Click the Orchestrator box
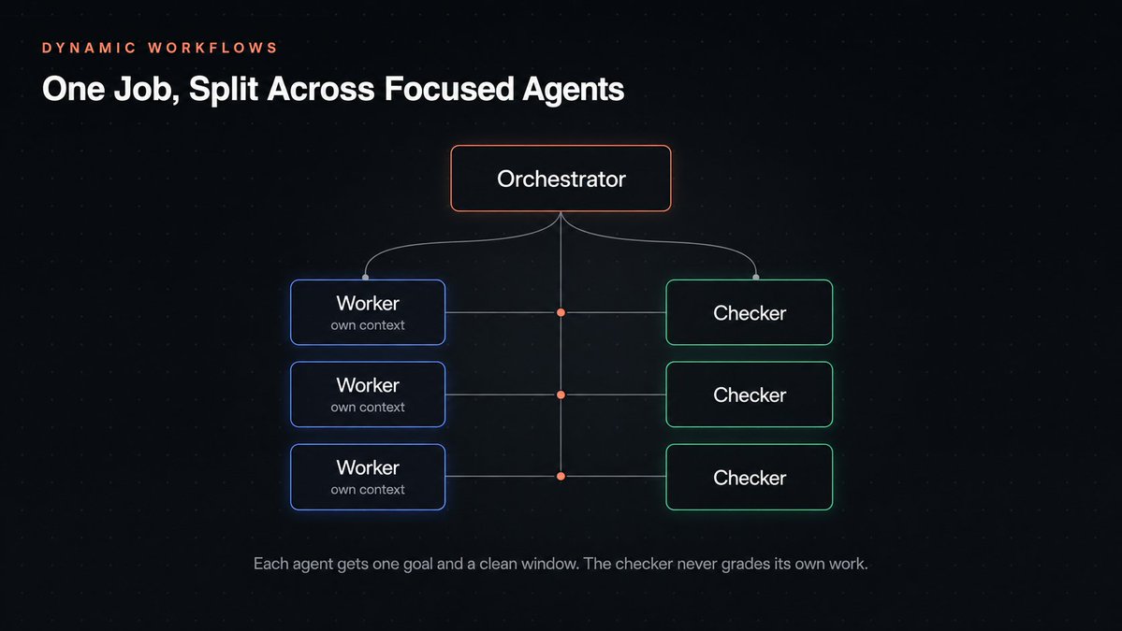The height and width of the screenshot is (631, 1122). (561, 178)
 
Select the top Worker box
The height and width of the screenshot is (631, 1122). (368, 312)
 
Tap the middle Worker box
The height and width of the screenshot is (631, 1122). (368, 394)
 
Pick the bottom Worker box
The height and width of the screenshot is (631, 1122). (368, 477)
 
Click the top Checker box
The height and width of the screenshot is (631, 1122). (750, 312)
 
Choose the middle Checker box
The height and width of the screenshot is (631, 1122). (750, 394)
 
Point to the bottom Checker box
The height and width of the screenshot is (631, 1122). (750, 477)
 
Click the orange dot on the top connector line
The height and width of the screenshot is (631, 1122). (561, 312)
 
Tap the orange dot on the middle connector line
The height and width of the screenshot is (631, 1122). (561, 394)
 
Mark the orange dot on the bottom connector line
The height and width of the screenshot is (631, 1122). (561, 476)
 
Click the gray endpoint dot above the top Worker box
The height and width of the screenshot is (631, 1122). (366, 277)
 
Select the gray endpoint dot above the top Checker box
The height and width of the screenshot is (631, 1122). (756, 277)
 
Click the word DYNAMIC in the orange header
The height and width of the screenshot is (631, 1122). (89, 48)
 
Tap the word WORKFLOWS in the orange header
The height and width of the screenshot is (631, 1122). (212, 48)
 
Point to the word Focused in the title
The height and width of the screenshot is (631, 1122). (449, 90)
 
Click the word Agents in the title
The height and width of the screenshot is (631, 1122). (573, 91)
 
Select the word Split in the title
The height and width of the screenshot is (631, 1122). (223, 90)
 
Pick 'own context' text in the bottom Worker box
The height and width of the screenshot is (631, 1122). (368, 490)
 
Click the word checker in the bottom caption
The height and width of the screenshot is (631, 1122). (644, 564)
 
